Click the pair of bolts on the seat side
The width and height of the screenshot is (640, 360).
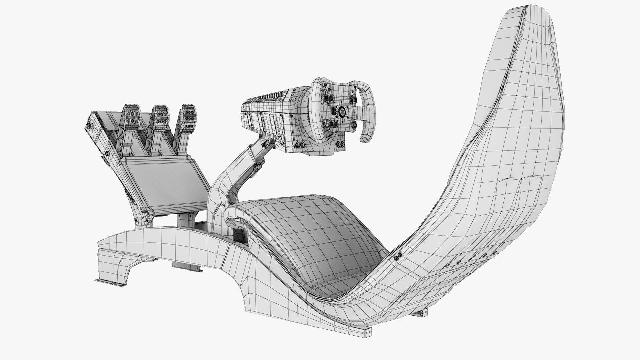[398, 256]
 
